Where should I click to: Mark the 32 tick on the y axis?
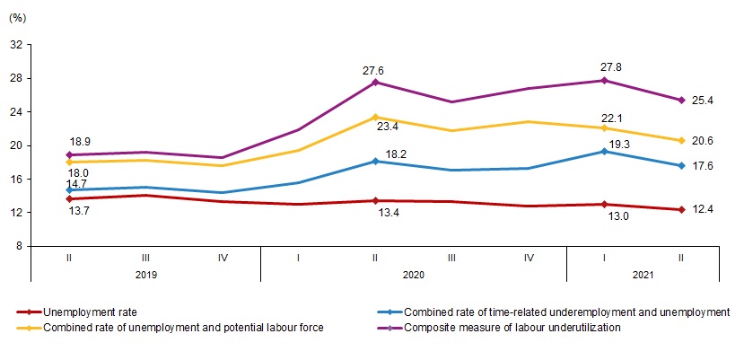[18, 45]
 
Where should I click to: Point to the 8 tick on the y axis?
[21, 246]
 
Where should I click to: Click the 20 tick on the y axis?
[18, 145]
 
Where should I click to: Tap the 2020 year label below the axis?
[414, 274]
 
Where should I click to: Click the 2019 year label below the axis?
[146, 274]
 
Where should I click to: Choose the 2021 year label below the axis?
[643, 274]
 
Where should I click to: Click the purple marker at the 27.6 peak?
[375, 83]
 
